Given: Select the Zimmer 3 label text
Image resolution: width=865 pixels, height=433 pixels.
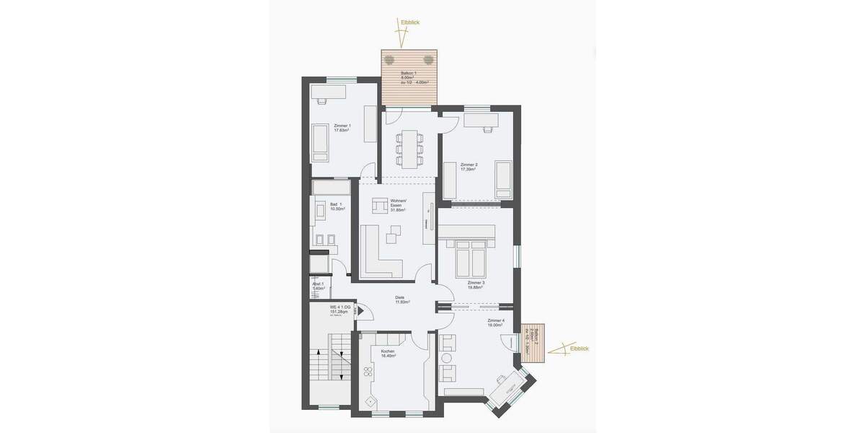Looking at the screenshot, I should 476,284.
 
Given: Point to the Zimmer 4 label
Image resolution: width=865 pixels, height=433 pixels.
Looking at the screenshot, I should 496,322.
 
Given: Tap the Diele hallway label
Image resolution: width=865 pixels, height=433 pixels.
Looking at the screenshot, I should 401,299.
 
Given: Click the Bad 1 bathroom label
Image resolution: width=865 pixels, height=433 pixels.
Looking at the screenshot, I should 337,206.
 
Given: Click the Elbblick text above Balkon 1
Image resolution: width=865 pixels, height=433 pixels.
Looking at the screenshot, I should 409,23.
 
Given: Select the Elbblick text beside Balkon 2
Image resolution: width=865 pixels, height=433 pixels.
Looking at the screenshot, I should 579,349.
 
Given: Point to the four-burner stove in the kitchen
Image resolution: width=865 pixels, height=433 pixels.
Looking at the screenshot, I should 368,373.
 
